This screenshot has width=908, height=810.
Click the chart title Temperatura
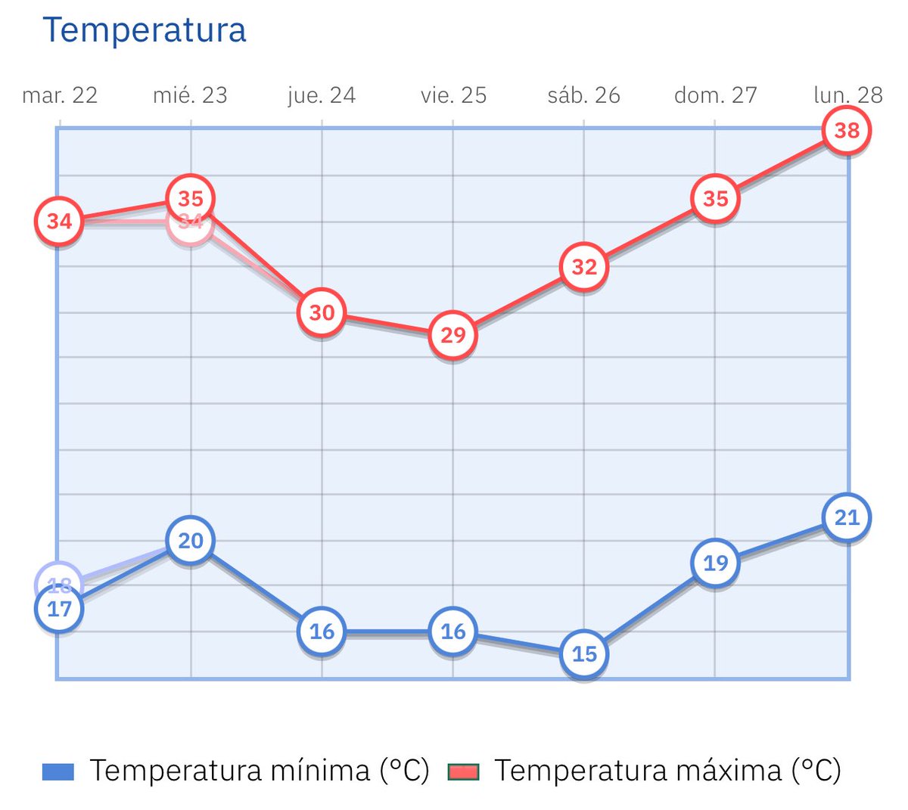point(145,30)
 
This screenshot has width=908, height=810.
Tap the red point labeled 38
point(847,131)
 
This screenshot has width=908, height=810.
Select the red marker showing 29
point(452,335)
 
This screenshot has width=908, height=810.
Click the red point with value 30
point(322,312)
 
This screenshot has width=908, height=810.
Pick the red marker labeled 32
point(584,267)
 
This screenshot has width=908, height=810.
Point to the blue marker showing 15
point(584,654)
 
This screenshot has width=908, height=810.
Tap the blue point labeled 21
point(847,518)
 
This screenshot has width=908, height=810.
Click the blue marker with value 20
point(191,541)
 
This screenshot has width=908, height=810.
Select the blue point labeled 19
point(715,563)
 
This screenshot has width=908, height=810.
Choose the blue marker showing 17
point(59,609)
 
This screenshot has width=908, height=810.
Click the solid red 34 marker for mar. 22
point(59,222)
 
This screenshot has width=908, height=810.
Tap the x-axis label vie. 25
point(453,95)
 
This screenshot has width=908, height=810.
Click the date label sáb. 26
point(583,95)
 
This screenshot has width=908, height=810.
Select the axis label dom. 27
point(715,95)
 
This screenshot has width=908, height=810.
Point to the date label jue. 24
point(322,95)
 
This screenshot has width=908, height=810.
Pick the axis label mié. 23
point(190,95)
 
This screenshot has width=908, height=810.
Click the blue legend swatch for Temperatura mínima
point(58,771)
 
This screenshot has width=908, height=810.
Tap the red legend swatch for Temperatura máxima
point(463,771)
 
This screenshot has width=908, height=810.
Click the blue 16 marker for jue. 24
point(322,632)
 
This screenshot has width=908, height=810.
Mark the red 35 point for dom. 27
point(715,199)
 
